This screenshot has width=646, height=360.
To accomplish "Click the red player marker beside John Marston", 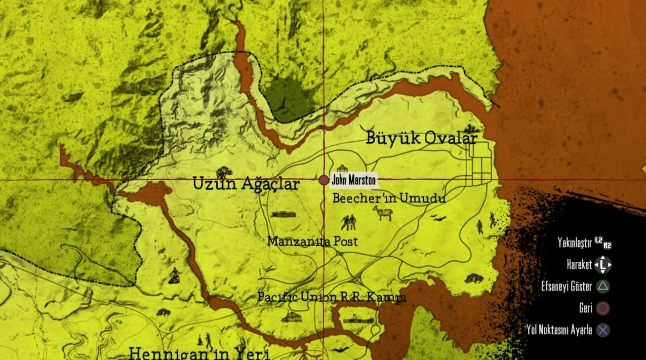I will [x=324, y=180].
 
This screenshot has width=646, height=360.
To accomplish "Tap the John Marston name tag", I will [x=353, y=180].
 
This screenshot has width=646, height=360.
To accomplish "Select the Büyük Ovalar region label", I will [x=421, y=138].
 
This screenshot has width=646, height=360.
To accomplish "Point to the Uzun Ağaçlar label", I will [x=246, y=185].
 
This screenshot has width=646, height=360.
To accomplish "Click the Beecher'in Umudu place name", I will [x=389, y=198].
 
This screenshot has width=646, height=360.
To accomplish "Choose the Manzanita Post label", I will [x=312, y=242].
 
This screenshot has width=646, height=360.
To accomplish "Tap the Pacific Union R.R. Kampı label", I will [x=332, y=297].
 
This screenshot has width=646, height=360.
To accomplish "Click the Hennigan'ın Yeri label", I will [x=199, y=353].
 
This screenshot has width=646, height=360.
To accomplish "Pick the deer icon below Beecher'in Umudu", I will [x=383, y=213].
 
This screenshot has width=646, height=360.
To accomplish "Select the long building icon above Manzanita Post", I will [x=284, y=215].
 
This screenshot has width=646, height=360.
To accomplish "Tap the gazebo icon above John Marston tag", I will [x=342, y=168].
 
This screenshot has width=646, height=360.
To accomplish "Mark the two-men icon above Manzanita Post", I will [x=348, y=222].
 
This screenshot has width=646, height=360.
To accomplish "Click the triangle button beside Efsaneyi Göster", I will [x=603, y=287].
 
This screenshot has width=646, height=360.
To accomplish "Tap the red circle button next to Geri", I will [x=603, y=308].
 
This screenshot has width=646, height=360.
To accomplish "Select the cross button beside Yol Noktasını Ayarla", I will [x=603, y=331].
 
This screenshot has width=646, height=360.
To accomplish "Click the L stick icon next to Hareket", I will [x=603, y=264].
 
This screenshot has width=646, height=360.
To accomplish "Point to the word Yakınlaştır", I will [x=575, y=243].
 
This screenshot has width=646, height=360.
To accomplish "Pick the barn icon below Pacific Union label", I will [x=291, y=317].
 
